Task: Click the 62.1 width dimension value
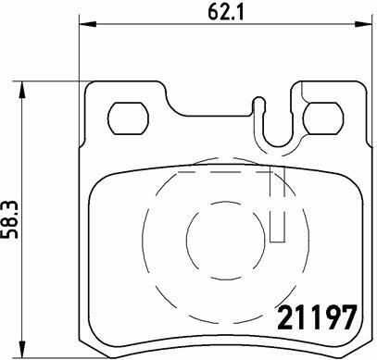click(226, 11)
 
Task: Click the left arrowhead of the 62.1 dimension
click(88, 24)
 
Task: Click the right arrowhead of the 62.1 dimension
click(363, 24)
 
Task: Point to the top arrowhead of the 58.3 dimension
click(21, 90)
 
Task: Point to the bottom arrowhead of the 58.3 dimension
click(21, 349)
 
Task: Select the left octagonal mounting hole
click(128, 118)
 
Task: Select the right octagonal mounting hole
click(323, 118)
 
